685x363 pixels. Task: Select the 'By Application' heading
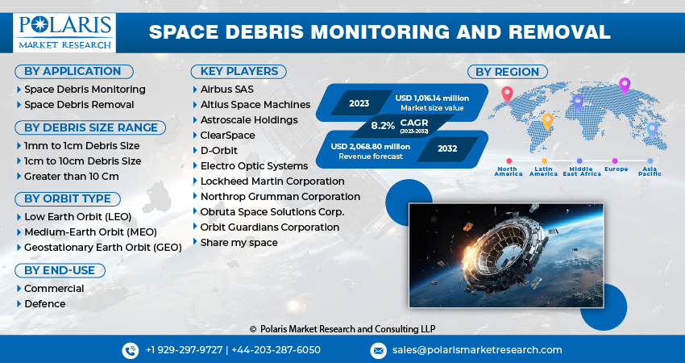tap(73, 71)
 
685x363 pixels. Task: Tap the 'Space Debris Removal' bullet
tap(79, 104)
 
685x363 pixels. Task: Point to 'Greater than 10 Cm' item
tap(72, 176)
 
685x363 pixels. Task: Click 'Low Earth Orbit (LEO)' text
tap(79, 216)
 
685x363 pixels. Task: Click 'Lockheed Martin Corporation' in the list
tap(272, 181)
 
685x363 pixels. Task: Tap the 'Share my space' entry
tap(239, 242)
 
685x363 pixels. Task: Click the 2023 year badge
tap(359, 103)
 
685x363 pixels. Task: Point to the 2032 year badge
tap(447, 148)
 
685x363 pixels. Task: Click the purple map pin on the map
tap(623, 85)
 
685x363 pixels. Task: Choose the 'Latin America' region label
tap(543, 171)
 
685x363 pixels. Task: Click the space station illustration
tap(507, 254)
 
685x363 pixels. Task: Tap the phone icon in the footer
tap(130, 350)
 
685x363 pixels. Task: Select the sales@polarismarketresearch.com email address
tap(477, 350)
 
